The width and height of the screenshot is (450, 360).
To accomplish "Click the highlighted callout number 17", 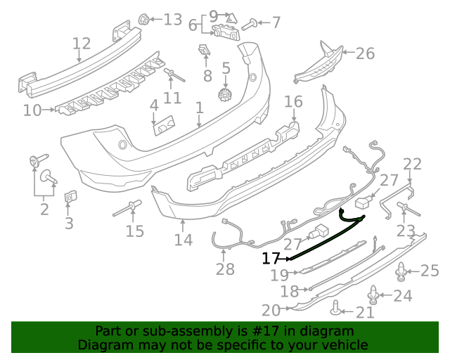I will click(271, 259).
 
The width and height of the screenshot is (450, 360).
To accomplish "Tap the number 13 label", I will click(172, 19).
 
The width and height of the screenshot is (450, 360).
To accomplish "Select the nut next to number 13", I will click(143, 18).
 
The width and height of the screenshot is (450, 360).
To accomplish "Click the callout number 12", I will click(82, 44).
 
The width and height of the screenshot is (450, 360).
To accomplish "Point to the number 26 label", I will click(366, 53).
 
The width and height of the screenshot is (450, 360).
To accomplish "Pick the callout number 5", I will click(226, 69).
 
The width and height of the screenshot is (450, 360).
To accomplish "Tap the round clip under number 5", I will click(226, 95).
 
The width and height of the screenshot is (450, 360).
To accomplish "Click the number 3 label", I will click(69, 224).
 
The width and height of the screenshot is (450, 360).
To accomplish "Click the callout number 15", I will click(134, 231).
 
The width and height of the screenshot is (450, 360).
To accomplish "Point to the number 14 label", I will click(183, 240).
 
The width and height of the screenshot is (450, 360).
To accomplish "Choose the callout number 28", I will click(225, 269).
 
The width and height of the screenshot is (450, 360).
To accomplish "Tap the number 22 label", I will click(412, 165).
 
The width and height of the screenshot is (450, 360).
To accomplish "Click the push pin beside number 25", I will click(402, 270).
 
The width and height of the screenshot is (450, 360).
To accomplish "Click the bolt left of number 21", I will click(337, 307).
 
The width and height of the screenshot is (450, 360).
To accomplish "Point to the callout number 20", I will click(271, 309).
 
